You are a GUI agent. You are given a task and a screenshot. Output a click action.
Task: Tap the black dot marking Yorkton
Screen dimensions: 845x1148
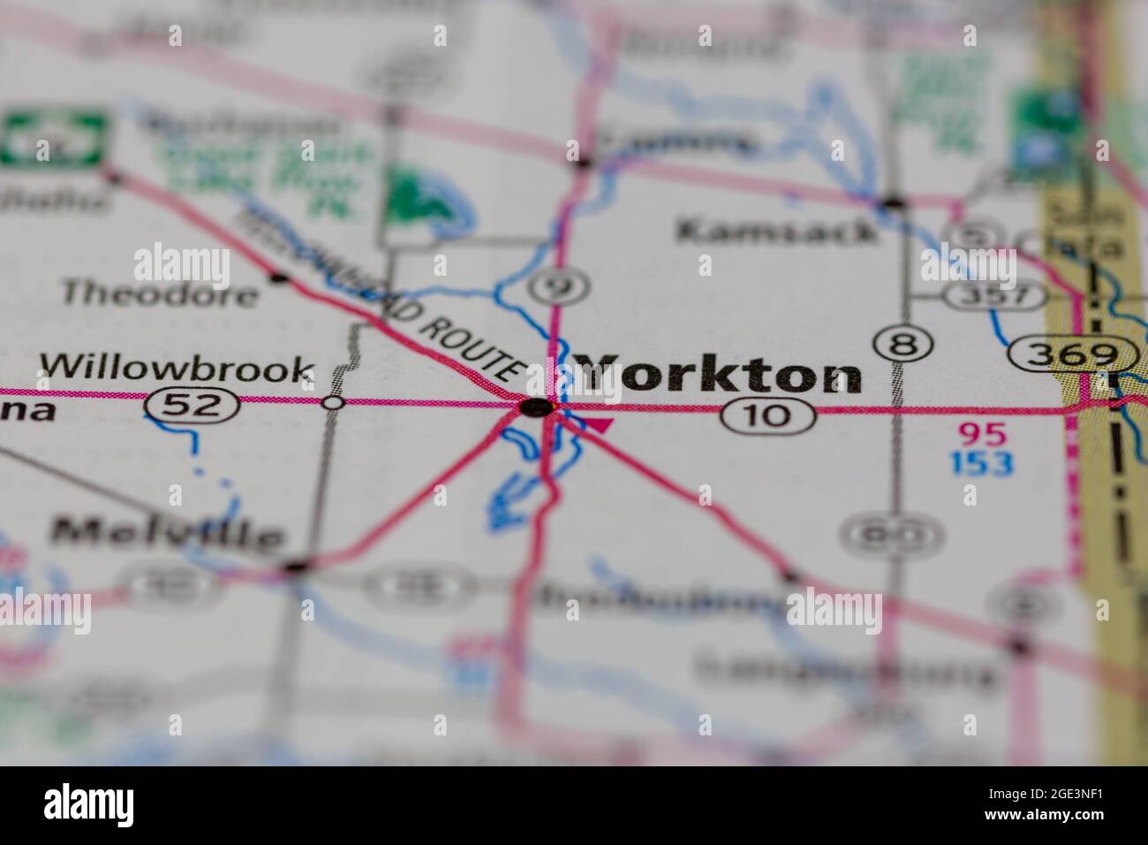click(537, 407)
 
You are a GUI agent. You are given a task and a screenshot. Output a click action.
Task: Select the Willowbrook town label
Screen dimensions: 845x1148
click(177, 369)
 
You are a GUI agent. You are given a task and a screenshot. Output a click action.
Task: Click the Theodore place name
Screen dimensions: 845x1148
click(160, 293)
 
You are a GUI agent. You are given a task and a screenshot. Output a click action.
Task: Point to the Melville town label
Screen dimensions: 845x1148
click(168, 532)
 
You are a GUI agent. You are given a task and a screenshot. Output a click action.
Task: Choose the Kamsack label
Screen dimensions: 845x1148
click(777, 232)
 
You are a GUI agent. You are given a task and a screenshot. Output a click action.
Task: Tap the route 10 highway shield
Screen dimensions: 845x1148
click(767, 414)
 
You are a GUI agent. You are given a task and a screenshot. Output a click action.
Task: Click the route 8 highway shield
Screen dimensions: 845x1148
click(902, 344)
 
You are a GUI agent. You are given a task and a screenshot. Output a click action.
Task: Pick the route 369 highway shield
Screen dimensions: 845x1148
click(1074, 355)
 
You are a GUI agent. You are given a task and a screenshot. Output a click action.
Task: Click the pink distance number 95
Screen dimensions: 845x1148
click(982, 433)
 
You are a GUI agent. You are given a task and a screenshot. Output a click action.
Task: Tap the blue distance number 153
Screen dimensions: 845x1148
click(982, 462)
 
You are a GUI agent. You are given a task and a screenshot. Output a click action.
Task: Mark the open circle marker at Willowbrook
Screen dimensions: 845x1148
click(333, 403)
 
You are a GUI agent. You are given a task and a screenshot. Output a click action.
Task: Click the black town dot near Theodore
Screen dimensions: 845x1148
click(280, 278)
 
